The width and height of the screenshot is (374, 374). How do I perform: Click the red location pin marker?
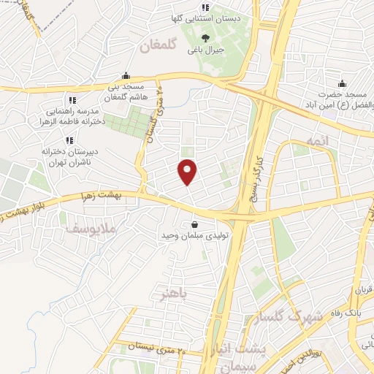[188, 172]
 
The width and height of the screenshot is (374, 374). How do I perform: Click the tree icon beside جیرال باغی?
[207, 39]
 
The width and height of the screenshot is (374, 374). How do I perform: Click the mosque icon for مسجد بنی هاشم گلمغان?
[126, 75]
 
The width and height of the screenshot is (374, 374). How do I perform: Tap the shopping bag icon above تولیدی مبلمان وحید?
[194, 224]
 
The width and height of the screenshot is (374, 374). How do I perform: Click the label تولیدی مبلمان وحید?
[194, 237]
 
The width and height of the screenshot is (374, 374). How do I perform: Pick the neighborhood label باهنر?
[174, 295]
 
